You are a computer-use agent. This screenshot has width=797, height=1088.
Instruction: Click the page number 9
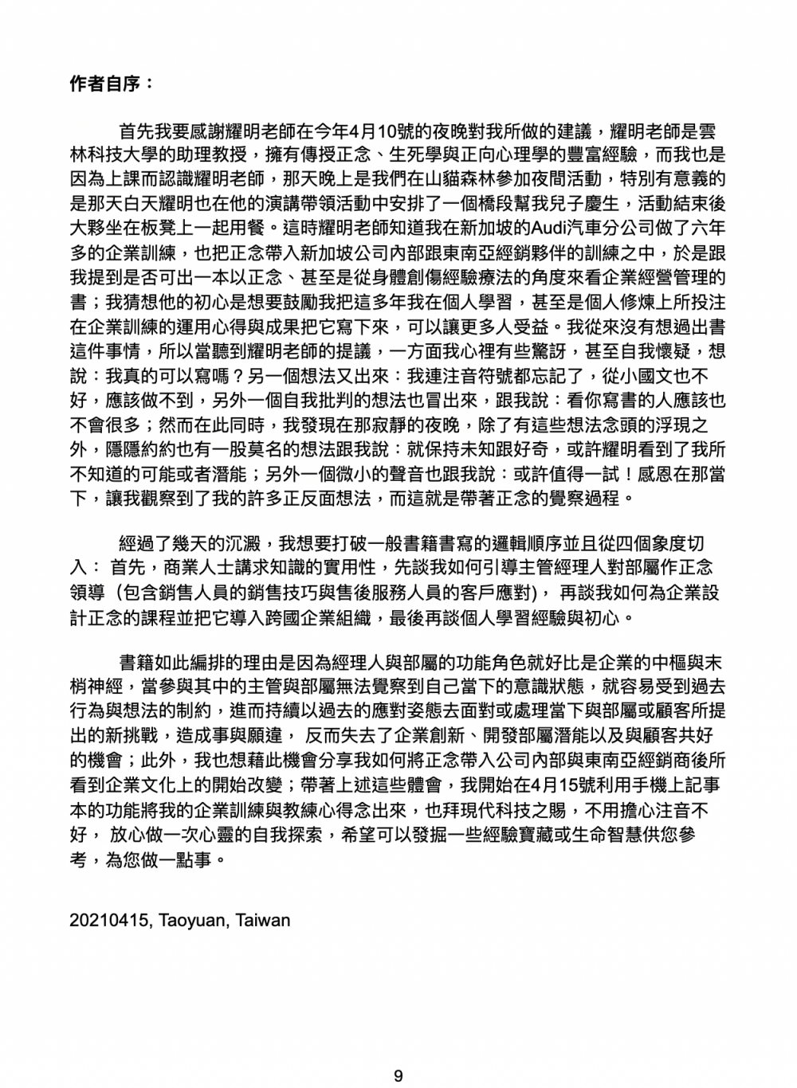(398, 1076)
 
